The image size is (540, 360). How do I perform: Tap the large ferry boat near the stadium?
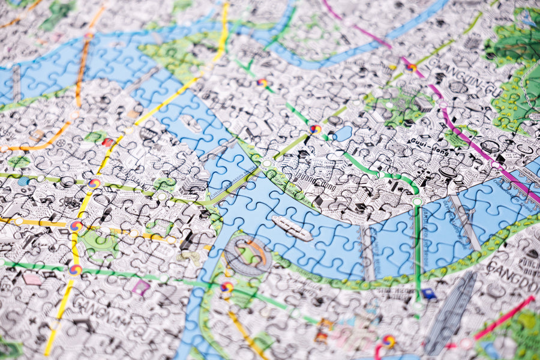[x=292, y=228]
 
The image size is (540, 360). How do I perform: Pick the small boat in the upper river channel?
[x=190, y=123]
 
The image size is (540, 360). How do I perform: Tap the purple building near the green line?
[x=141, y=287]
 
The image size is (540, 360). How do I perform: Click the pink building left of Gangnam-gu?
[x=32, y=279]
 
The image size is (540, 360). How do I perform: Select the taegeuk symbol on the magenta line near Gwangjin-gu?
[x=412, y=67]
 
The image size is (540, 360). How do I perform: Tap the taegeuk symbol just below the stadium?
[x=227, y=287]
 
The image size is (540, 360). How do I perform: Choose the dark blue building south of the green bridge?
[x=428, y=293]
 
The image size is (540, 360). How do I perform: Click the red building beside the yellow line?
[x=107, y=142]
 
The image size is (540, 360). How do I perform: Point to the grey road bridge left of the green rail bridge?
[x=367, y=252]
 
